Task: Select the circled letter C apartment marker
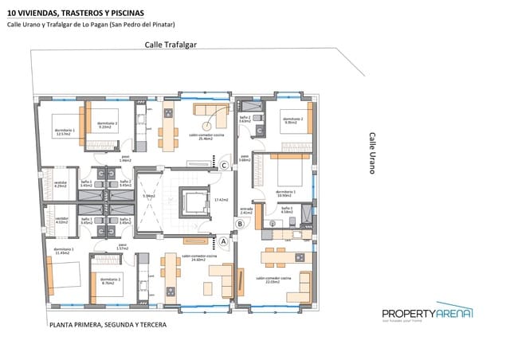tap(225, 166)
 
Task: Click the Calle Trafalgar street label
tap(171, 45)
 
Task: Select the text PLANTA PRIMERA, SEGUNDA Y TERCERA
tap(108, 325)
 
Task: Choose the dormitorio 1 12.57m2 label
tap(65, 132)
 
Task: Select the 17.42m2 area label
tap(222, 199)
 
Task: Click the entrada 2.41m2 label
tap(246, 212)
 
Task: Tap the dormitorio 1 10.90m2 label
tap(285, 194)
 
